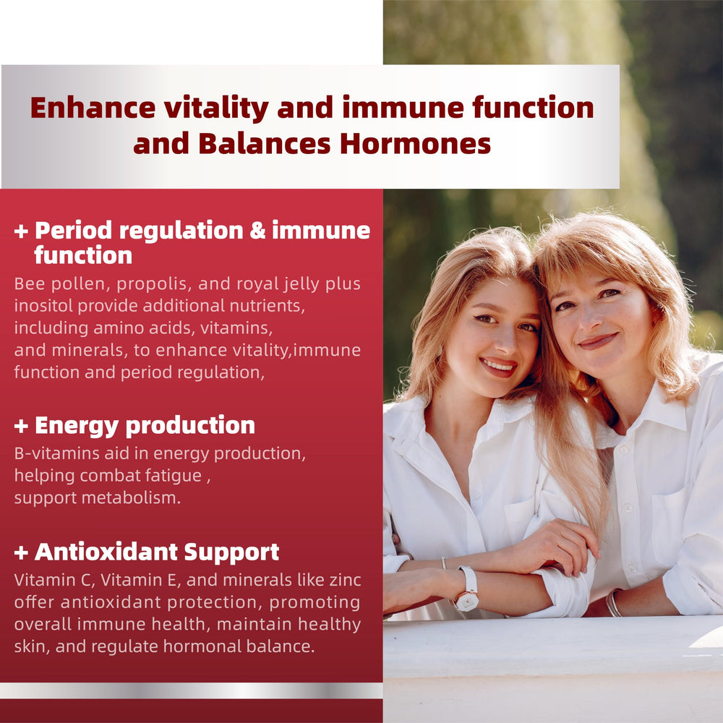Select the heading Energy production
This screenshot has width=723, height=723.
145,425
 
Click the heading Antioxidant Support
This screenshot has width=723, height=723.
157,552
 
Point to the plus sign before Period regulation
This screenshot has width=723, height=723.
21,231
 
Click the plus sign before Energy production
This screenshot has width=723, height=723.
21,426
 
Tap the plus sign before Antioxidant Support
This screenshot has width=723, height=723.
21,553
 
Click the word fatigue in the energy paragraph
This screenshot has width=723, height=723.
180,476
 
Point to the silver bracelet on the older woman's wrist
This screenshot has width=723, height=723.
613,602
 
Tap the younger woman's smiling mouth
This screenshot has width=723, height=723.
498,366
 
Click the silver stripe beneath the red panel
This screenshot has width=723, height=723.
191,690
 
